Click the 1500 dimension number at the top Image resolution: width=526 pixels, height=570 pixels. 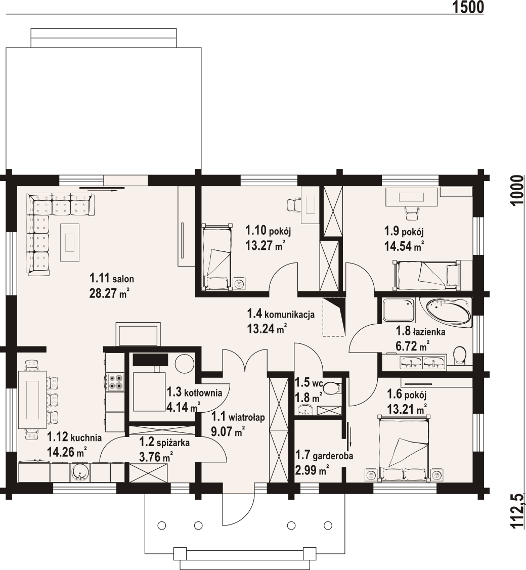pos(468,7)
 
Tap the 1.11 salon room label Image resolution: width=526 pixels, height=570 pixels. pos(112,279)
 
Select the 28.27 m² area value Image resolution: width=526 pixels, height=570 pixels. pos(109,293)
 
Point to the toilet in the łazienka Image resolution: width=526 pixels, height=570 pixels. pos(460,355)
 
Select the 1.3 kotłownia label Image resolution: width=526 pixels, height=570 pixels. pos(194,392)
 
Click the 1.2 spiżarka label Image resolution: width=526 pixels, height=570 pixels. pos(164,443)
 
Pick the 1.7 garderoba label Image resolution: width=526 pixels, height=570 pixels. pos(324,455)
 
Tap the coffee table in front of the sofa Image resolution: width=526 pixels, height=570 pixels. pos(70,242)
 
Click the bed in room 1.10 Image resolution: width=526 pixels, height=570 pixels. pos(217,257)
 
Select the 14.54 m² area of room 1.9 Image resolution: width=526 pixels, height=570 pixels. pos(404,246)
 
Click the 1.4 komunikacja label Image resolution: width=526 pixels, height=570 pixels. pos(281,314)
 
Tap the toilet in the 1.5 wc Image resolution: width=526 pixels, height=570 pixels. pos(331,388)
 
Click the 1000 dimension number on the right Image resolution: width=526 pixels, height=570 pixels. pos(517,191)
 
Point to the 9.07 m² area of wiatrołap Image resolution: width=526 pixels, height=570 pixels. pos(228,431)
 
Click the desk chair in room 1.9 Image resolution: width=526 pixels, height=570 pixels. pos(412,212)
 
